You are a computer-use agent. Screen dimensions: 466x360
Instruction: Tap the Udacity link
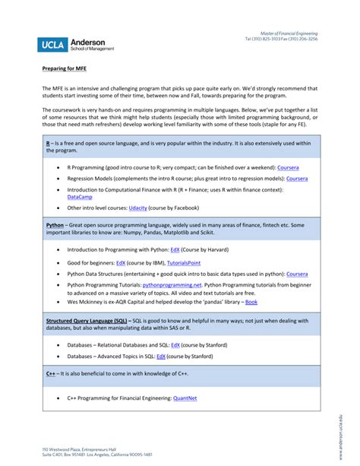(138, 208)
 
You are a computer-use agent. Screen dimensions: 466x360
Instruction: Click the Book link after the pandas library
(251, 302)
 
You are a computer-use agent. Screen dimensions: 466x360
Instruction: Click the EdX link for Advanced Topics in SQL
(160, 355)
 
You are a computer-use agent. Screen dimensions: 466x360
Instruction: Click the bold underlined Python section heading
(55, 225)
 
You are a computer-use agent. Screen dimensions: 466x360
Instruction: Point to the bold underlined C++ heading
(51, 373)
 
